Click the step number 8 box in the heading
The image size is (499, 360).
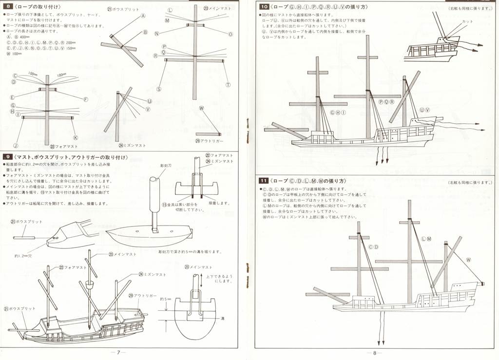click(x=7, y=6)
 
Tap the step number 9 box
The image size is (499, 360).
click(x=7, y=157)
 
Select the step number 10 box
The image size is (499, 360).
click(x=264, y=7)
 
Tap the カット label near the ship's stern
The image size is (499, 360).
click(x=467, y=22)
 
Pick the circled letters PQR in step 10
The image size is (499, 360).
click(x=386, y=102)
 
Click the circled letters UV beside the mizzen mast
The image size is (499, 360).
click(x=424, y=110)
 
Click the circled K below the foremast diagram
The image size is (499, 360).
click(x=75, y=138)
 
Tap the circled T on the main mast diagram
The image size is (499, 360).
click(x=228, y=84)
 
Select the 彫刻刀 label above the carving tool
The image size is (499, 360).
click(x=166, y=166)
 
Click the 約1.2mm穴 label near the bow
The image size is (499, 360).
click(x=23, y=255)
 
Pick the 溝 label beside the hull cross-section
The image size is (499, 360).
click(x=222, y=318)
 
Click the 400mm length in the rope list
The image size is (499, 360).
click(x=25, y=37)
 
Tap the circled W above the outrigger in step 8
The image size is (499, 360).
click(x=201, y=108)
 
